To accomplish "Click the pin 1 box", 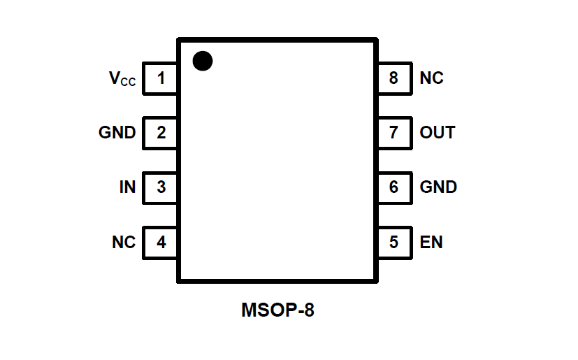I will tap(161, 78).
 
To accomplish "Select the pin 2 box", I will tap(161, 132).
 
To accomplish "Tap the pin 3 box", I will tap(161, 187).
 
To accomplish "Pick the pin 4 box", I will tap(161, 243).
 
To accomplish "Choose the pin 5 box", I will tap(394, 243).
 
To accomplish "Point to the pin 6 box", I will tap(394, 187).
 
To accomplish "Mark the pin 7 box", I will tap(394, 132).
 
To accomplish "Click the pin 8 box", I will tap(394, 78).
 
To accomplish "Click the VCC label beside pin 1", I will tap(122, 78).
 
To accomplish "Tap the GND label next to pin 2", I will tap(117, 132).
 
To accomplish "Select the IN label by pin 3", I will tap(127, 187).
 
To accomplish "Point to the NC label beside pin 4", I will tap(124, 243).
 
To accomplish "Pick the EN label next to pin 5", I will tap(431, 243).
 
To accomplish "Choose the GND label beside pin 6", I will tap(438, 187).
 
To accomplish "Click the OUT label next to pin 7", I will tap(438, 132).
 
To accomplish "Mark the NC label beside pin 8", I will tap(431, 78).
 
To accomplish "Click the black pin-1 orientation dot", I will tap(202, 61).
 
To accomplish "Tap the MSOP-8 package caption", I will tap(277, 310).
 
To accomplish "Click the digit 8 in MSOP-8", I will tap(308, 310).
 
